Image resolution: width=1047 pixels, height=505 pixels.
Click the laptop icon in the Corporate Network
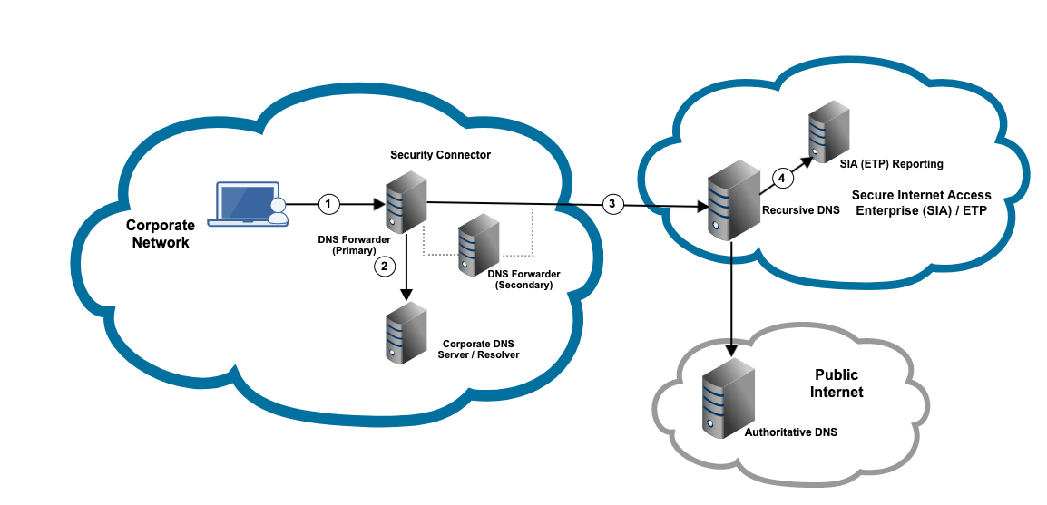(x=243, y=203)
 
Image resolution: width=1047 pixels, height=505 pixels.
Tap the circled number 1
(x=329, y=204)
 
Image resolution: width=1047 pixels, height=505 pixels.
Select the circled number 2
(x=385, y=267)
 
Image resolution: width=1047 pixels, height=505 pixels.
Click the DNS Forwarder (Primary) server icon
(x=406, y=206)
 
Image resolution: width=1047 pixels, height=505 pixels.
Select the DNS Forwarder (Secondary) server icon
(x=477, y=246)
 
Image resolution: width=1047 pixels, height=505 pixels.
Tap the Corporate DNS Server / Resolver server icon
(x=406, y=334)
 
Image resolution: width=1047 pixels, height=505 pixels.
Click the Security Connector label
(x=440, y=155)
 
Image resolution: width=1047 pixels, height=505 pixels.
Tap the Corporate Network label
(x=160, y=233)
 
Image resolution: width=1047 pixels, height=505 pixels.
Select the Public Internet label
(x=837, y=384)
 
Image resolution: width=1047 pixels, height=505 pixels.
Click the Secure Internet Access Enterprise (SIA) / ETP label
(x=921, y=202)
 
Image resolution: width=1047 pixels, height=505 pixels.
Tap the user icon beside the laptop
(x=279, y=211)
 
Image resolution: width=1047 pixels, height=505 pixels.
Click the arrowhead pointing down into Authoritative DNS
(x=731, y=349)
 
